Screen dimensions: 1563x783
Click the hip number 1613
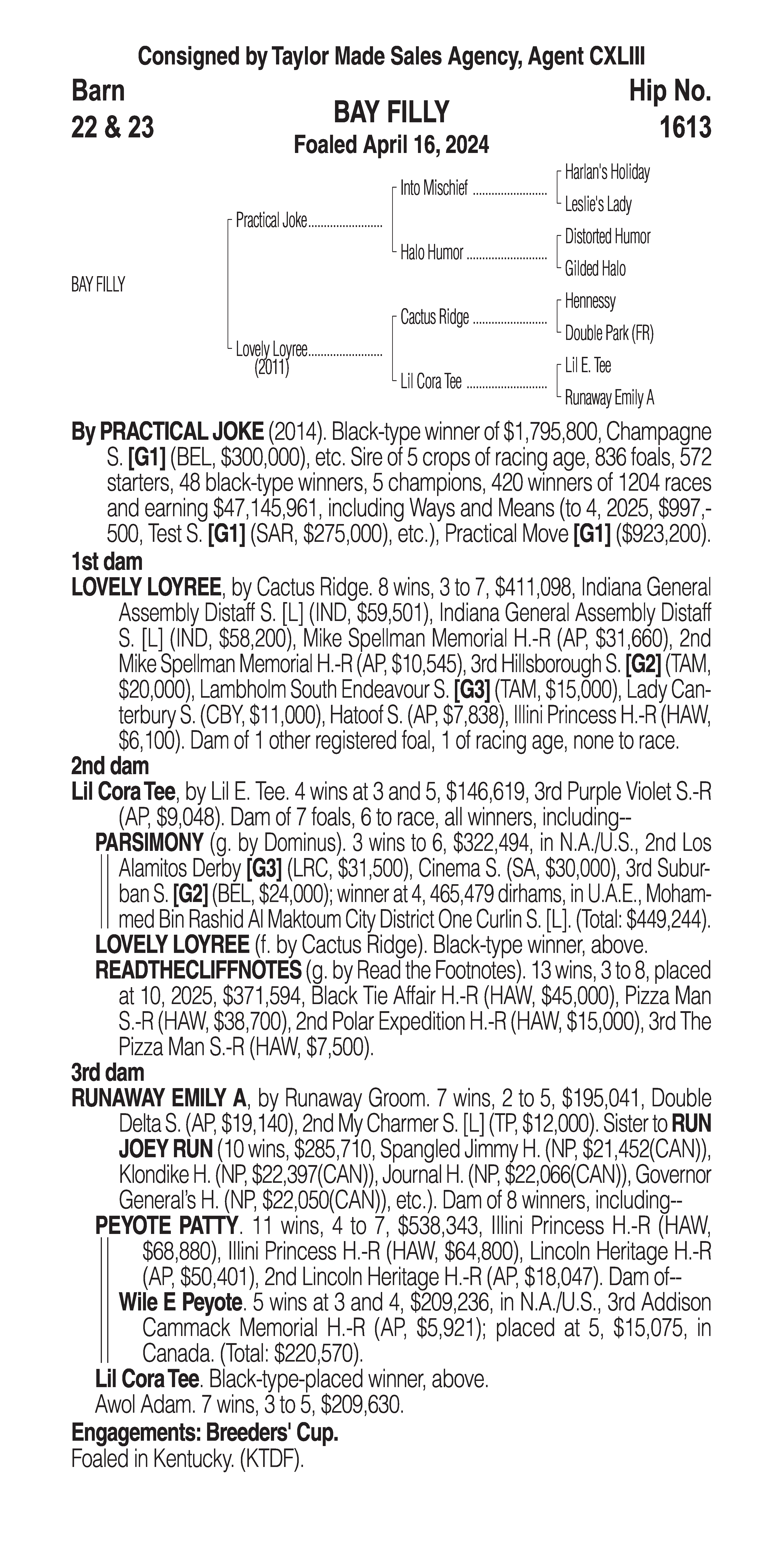pos(685,127)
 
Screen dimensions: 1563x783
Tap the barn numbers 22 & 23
pos(112,127)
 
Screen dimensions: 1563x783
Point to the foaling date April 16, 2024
pos(425,145)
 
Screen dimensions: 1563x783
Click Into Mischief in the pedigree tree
pos(434,189)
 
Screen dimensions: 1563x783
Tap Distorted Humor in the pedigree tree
pos(607,237)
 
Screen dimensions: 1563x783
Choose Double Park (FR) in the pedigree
pos(609,333)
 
